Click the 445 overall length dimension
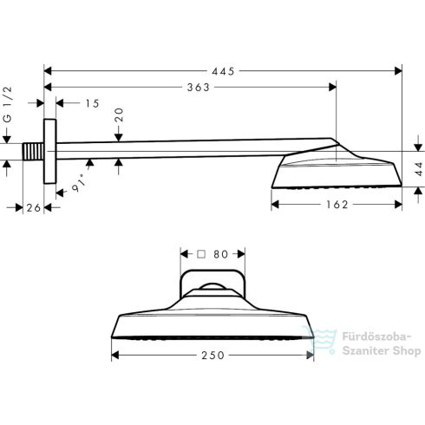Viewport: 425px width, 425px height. point(223,71)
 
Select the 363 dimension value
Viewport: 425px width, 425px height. point(199,88)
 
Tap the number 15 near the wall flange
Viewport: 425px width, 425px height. point(93,103)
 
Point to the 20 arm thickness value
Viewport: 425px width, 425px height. point(119,114)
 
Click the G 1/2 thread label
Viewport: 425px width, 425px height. point(8,104)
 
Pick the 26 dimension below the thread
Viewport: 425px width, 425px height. point(34,207)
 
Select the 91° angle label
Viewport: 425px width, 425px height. point(79,183)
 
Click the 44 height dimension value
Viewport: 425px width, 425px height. point(419,169)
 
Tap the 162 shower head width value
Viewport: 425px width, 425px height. point(337,205)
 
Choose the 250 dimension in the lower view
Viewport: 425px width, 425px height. point(213,356)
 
